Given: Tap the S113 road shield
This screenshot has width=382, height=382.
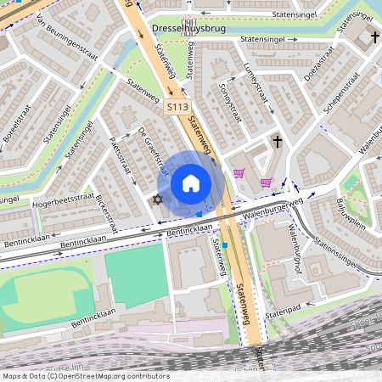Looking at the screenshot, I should (177, 107).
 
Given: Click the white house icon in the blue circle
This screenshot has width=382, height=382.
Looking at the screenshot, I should (191, 183).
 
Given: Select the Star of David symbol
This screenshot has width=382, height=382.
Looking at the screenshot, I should (155, 199).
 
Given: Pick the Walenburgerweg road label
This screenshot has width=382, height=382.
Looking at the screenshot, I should (272, 209).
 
